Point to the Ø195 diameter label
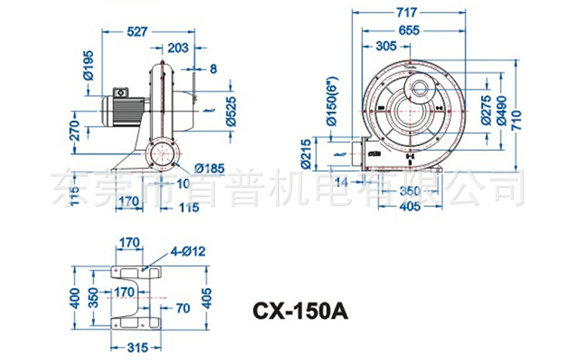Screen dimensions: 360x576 [x=88, y=67]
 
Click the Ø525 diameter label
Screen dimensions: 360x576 [x=230, y=110]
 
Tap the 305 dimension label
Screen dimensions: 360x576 [x=387, y=48]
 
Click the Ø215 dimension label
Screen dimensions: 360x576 [x=306, y=153]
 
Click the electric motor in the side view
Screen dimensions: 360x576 [x=122, y=111]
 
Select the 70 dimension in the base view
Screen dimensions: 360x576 [x=182, y=308]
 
